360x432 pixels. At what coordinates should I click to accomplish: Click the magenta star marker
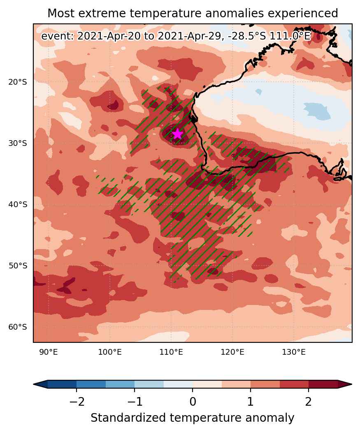177,134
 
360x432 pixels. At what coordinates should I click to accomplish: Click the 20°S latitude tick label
18,82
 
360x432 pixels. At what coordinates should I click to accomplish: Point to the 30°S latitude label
18,143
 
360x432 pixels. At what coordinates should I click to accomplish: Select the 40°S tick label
18,204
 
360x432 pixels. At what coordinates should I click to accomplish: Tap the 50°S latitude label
18,266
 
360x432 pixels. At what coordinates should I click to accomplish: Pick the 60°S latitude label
18,327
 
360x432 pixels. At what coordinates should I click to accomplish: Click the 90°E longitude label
49,352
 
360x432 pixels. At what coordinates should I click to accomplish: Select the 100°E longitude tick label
110,352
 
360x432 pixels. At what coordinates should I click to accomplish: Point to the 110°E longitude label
171,352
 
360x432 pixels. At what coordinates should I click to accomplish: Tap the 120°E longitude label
232,352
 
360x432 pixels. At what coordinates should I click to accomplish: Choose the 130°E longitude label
294,352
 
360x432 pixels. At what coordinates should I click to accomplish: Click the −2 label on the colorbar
77,402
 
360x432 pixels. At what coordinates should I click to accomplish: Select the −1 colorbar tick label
135,402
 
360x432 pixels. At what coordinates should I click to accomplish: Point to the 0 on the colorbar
193,402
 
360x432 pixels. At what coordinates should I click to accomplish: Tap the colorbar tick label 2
309,402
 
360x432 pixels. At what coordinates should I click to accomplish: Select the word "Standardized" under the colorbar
128,418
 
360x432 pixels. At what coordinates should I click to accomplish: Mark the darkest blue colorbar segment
62,384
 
